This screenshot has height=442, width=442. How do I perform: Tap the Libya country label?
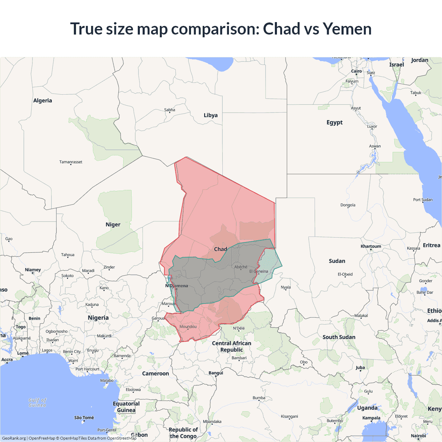pyautogui.click(x=211, y=115)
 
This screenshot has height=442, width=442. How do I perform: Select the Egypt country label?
pyautogui.click(x=335, y=122)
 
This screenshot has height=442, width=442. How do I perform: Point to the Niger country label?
pyautogui.click(x=113, y=224)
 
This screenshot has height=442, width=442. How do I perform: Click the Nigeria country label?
pyautogui.click(x=98, y=318)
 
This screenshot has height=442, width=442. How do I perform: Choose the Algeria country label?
pyautogui.click(x=42, y=100)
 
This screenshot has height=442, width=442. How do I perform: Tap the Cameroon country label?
pyautogui.click(x=155, y=374)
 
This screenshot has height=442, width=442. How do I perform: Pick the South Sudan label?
pyautogui.click(x=339, y=337)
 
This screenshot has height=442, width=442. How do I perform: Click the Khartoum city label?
pyautogui.click(x=371, y=246)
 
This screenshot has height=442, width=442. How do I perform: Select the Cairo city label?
pyautogui.click(x=356, y=71)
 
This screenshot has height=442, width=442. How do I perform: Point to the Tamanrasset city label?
pyautogui.click(x=71, y=162)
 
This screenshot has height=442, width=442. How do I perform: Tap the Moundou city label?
pyautogui.click(x=188, y=327)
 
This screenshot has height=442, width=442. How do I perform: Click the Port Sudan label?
pyautogui.click(x=423, y=200)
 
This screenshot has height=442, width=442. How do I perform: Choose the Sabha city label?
pyautogui.click(x=170, y=110)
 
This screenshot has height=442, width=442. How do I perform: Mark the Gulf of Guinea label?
pyautogui.click(x=37, y=403)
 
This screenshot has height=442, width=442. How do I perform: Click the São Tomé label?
pyautogui.click(x=84, y=417)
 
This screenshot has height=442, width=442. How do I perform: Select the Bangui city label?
pyautogui.click(x=216, y=373)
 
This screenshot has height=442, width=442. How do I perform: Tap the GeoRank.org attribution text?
pyautogui.click(x=14, y=438)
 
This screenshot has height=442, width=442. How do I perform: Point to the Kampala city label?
pyautogui.click(x=371, y=418)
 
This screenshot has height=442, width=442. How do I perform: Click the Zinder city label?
pyautogui.click(x=109, y=267)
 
